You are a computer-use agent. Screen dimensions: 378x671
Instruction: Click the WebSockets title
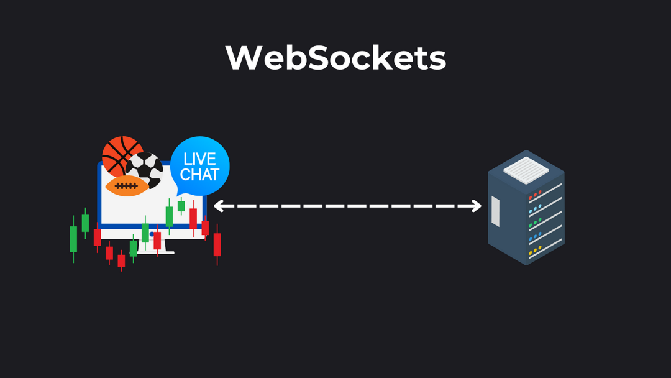coord(335,58)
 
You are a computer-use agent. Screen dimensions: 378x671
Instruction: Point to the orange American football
coord(128,186)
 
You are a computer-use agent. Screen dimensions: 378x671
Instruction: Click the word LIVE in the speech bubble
coord(199,159)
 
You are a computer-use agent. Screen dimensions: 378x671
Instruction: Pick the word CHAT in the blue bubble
coord(199,175)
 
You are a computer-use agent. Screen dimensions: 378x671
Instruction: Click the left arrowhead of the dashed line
coord(218,206)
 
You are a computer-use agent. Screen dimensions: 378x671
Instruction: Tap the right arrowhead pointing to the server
coord(477,206)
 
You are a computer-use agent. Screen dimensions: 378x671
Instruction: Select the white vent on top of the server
coord(526,170)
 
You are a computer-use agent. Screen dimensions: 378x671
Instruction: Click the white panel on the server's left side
coord(495,211)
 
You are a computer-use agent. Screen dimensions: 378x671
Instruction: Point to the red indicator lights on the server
coord(535,195)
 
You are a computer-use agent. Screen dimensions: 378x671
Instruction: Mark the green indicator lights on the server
coord(535,223)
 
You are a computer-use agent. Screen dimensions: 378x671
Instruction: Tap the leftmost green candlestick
coord(73,239)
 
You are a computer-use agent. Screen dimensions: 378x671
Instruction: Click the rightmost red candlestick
coord(217,244)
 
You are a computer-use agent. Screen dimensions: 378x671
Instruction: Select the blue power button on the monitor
coord(152,234)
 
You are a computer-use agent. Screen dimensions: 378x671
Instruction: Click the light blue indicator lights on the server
coord(535,209)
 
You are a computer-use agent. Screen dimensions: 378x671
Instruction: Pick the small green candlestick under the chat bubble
coord(181,206)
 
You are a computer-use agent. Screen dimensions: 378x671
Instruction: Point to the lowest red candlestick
coord(121,260)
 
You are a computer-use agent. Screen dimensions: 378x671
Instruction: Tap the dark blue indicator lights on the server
coord(535,237)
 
